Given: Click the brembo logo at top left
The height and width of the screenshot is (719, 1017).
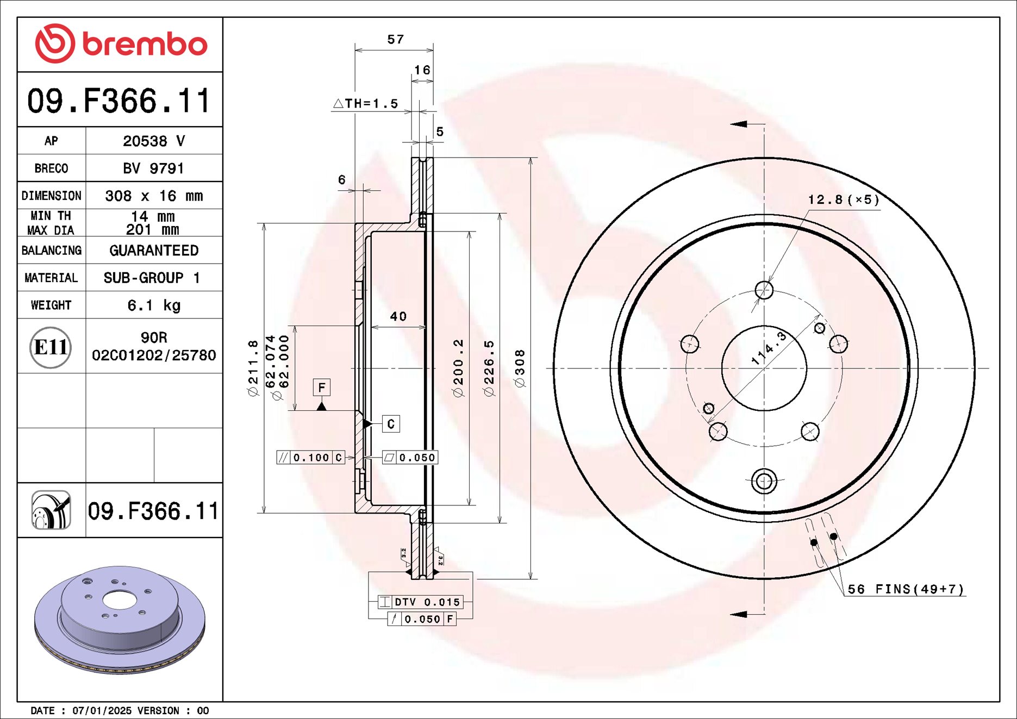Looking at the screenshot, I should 121,43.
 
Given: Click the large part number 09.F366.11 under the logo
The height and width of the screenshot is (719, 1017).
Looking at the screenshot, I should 119,101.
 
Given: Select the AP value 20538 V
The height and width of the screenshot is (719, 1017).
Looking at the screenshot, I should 154,141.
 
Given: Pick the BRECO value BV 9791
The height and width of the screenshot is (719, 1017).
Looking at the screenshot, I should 153,168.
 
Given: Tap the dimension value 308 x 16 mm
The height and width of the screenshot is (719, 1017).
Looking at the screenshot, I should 154,196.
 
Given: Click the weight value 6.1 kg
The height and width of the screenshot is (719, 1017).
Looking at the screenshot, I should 154,305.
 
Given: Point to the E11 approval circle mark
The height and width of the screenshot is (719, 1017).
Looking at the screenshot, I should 51,347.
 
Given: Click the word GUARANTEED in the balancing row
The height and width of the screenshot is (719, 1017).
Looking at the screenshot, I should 154,251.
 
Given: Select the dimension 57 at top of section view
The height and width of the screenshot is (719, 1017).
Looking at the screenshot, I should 395,40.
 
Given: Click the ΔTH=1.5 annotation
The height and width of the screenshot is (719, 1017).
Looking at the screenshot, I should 365,103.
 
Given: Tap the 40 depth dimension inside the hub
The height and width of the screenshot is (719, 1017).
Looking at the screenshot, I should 398,316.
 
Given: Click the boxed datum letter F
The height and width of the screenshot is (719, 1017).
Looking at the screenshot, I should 322,387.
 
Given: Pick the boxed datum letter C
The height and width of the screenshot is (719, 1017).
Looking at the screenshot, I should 391,424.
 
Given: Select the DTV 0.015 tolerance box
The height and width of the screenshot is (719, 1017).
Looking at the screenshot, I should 421,602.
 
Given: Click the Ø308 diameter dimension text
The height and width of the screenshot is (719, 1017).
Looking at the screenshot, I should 520,368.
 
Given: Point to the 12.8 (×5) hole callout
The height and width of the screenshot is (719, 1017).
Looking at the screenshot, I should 843,199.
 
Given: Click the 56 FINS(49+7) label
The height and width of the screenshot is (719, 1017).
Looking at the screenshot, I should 906,589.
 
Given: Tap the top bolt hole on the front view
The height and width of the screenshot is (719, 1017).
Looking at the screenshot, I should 764,290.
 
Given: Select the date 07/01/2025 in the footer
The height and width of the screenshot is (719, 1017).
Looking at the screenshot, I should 102,710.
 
